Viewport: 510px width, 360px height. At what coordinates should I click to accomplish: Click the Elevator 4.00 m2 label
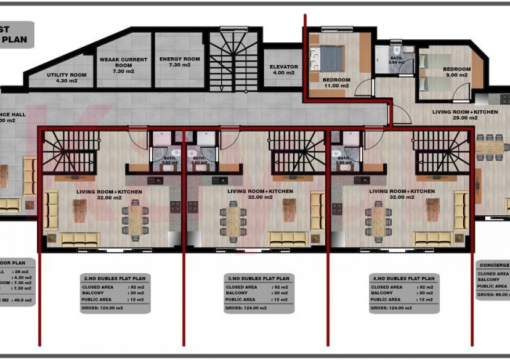click(283, 70)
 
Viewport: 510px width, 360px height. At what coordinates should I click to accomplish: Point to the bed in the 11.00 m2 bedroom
click(331, 58)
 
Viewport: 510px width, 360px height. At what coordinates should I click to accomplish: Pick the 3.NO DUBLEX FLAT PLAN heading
click(259, 278)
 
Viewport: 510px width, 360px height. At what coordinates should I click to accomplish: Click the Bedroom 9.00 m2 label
click(457, 72)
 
